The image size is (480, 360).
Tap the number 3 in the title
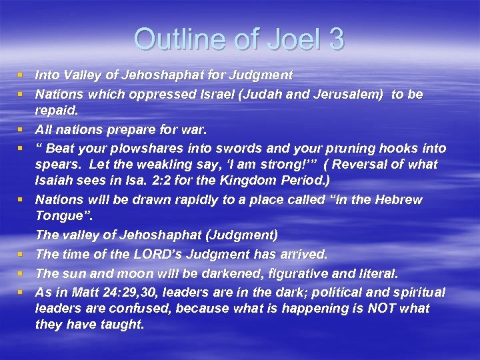[x=335, y=39]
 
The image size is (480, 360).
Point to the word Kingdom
[x=248, y=181]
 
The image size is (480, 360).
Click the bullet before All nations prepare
[x=23, y=129]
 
